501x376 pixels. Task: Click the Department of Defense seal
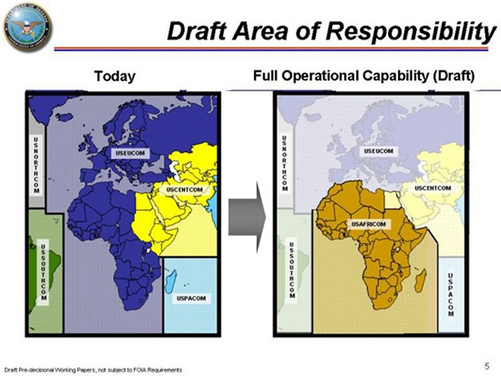(27, 27)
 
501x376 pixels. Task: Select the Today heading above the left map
(115, 76)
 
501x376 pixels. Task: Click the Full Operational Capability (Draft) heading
(364, 76)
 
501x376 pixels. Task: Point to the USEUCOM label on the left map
(131, 153)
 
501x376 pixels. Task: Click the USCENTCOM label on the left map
(184, 189)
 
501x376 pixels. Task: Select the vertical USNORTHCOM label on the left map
(36, 165)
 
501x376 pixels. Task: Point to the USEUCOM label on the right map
(379, 151)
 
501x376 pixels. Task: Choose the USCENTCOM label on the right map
(433, 188)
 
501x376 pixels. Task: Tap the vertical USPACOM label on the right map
(451, 293)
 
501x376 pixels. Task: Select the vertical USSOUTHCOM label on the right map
(292, 269)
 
